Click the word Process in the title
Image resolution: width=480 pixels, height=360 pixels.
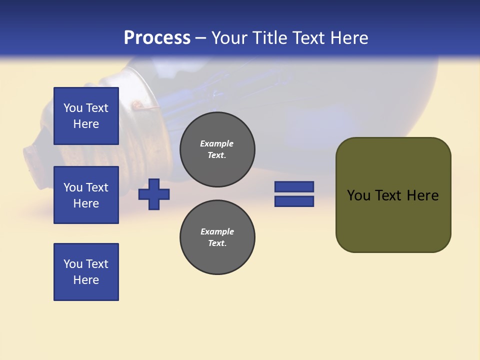pyautogui.click(x=157, y=37)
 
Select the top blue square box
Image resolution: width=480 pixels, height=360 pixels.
pyautogui.click(x=86, y=116)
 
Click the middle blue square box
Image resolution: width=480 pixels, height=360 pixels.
pyautogui.click(x=86, y=195)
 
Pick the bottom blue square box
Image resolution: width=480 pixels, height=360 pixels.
pyautogui.click(x=86, y=272)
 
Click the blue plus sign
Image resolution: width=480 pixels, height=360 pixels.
pyautogui.click(x=154, y=194)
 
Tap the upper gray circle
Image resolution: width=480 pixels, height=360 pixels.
pyautogui.click(x=217, y=149)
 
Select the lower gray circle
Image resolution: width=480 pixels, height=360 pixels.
pyautogui.click(x=217, y=237)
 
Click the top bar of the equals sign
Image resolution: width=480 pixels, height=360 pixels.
pyautogui.click(x=294, y=186)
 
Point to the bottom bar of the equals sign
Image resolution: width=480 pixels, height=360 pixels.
pyautogui.click(x=294, y=201)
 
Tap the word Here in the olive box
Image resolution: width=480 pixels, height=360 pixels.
pyautogui.click(x=422, y=195)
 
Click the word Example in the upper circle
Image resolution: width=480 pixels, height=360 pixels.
pyautogui.click(x=217, y=143)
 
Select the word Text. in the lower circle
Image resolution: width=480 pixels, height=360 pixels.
pyautogui.click(x=217, y=243)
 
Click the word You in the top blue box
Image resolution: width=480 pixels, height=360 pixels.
pyautogui.click(x=73, y=108)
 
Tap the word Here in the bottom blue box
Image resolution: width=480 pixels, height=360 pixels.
pyautogui.click(x=86, y=280)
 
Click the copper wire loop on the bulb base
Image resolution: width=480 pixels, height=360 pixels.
pyautogui.click(x=136, y=105)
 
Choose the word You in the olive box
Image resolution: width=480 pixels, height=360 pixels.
pyautogui.click(x=358, y=195)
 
